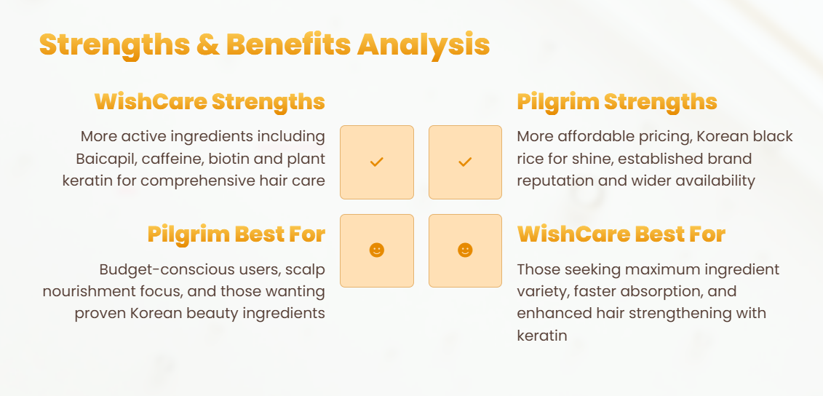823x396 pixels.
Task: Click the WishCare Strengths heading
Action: pyautogui.click(x=210, y=102)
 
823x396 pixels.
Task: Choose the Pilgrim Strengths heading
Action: pyautogui.click(x=617, y=102)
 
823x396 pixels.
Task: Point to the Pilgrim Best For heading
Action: pyautogui.click(x=236, y=234)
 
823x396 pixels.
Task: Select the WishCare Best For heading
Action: pyautogui.click(x=621, y=234)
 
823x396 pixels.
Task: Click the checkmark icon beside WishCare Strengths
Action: pyautogui.click(x=377, y=162)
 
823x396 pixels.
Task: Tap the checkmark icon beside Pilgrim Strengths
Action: pyautogui.click(x=465, y=162)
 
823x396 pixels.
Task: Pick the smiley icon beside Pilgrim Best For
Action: pyautogui.click(x=377, y=250)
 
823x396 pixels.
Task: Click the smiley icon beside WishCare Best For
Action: pyautogui.click(x=465, y=250)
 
